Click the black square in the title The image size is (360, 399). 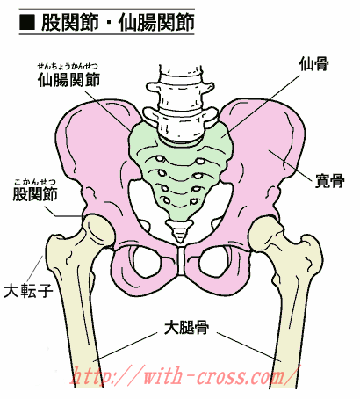27,22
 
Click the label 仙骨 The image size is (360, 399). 313,63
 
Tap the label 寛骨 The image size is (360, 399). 330,181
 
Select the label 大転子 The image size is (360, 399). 28,291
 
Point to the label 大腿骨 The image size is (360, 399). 186,328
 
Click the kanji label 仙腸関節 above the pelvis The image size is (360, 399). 68,80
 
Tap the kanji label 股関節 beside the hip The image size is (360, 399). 35,193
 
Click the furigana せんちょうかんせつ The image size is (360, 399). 68,67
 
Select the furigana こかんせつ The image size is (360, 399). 35,182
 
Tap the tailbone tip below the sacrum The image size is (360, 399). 180,231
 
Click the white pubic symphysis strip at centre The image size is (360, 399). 182,261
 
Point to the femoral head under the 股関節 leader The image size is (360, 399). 98,230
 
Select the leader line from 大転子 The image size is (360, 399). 35,269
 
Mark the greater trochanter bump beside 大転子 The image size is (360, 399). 54,244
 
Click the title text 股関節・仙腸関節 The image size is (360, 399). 118,23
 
